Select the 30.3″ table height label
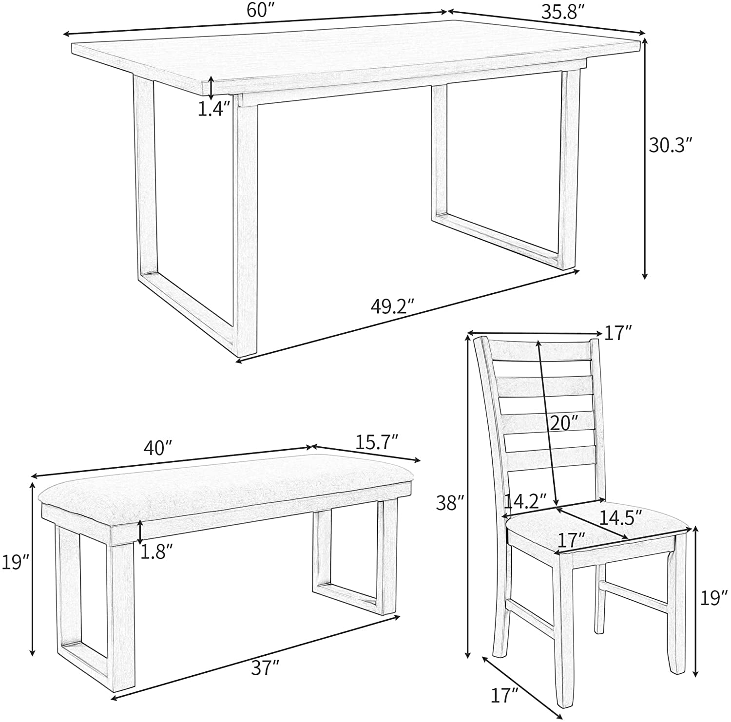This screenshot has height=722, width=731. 670,145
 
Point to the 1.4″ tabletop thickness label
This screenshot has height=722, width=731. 214,109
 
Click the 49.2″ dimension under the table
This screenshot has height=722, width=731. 392,306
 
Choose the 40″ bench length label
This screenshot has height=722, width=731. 158,445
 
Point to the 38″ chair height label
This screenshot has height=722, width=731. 449,502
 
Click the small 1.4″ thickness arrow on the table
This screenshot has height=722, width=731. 210,87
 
